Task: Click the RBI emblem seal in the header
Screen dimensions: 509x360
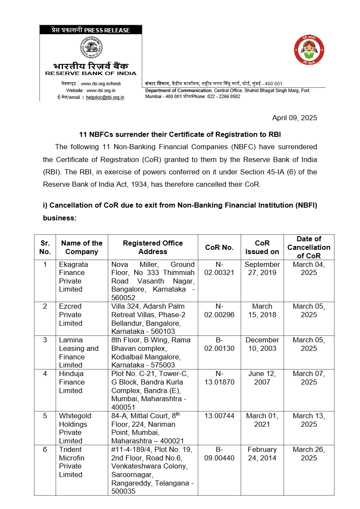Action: (91, 47)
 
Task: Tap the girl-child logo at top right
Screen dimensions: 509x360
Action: (310, 50)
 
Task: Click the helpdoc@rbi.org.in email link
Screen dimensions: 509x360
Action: (105, 97)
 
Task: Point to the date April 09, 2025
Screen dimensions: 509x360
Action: (294, 118)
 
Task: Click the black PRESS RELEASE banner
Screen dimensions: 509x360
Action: (91, 30)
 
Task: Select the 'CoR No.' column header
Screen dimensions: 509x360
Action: (219, 247)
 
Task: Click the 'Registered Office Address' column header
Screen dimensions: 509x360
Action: (153, 247)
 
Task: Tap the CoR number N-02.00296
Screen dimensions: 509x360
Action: (219, 310)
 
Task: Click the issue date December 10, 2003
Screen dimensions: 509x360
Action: (262, 344)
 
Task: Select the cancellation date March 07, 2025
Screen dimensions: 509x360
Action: (308, 378)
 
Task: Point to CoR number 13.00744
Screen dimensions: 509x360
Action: (219, 416)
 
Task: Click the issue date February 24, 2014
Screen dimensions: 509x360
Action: (262, 454)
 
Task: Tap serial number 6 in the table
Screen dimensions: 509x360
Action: (45, 449)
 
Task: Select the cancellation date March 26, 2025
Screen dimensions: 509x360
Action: (308, 454)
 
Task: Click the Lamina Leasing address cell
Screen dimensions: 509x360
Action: (151, 352)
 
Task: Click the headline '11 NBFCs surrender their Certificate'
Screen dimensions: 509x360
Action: (180, 134)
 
